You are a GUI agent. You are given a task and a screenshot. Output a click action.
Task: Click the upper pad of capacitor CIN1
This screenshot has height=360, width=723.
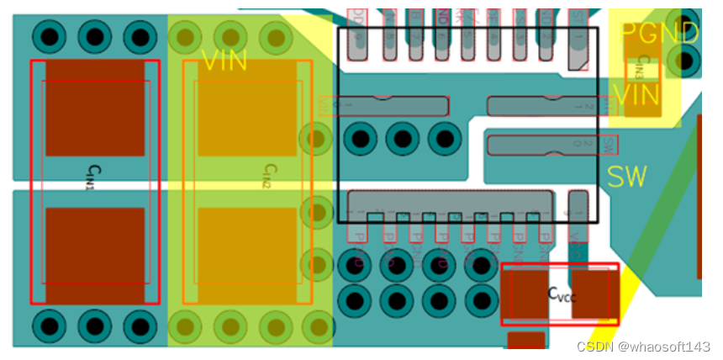tap(95, 107)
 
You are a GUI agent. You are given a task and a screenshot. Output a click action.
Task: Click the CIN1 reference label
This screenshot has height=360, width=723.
tap(90, 177)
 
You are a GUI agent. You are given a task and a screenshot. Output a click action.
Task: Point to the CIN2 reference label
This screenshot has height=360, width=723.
tap(267, 177)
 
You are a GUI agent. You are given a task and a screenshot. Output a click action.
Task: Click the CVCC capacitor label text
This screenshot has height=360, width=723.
tap(562, 294)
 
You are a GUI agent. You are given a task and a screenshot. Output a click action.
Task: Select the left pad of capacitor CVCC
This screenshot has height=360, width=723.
tap(525, 294)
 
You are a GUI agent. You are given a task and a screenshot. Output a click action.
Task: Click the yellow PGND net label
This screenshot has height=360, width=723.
tap(659, 34)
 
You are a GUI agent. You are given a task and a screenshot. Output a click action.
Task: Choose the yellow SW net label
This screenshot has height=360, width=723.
tap(627, 177)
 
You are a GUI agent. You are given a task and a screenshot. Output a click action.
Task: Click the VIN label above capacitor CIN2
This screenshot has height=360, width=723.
tap(224, 61)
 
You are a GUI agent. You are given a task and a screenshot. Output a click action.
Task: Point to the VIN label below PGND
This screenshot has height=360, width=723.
tap(636, 95)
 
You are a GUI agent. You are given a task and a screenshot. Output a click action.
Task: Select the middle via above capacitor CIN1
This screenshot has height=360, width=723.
tap(95, 36)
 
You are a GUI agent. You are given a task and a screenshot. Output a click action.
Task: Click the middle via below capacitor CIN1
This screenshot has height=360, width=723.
tap(95, 325)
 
